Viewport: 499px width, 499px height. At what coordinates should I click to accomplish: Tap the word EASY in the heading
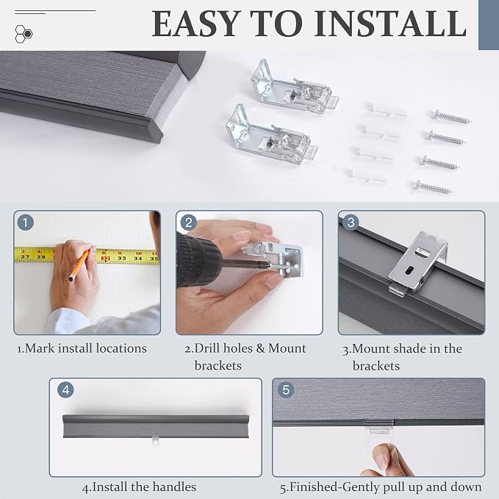point(195,24)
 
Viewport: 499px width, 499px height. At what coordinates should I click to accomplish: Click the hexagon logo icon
point(24,34)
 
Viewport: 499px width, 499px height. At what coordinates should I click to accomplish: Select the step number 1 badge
point(26,223)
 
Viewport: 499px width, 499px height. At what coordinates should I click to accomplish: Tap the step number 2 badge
point(188,223)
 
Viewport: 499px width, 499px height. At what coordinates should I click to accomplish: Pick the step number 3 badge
point(351,223)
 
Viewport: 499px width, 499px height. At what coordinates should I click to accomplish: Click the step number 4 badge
point(65,389)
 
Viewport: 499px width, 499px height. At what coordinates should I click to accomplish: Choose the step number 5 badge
point(286,389)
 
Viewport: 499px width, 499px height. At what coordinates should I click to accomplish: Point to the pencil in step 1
point(79,265)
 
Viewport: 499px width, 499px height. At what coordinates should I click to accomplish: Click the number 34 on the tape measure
point(138,258)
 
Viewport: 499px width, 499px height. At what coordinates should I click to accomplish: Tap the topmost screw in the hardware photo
point(451,117)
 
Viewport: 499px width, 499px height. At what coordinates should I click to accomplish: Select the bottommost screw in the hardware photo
point(434,187)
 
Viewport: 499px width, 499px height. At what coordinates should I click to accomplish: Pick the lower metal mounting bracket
point(271,135)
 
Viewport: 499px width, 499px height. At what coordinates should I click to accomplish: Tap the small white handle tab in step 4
point(155,442)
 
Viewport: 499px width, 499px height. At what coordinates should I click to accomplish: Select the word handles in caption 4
point(173,487)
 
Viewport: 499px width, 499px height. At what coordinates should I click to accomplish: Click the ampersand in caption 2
point(260,348)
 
